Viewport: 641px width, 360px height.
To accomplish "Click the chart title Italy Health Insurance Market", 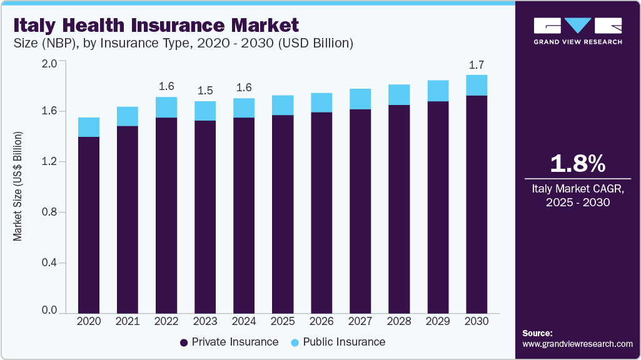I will (x=156, y=25).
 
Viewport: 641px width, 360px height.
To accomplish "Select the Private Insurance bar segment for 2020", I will (x=88, y=224).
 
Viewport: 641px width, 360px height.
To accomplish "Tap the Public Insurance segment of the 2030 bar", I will (x=477, y=85).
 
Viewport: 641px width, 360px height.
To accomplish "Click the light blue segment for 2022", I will (x=166, y=107).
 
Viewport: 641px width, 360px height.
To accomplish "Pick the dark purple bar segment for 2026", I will (x=321, y=212).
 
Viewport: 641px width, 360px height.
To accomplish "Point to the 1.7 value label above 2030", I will (x=477, y=65).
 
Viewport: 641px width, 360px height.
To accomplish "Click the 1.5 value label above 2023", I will (x=205, y=91).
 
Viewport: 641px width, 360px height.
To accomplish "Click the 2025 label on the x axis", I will (x=283, y=321).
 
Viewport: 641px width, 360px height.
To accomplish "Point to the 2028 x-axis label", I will (x=399, y=321).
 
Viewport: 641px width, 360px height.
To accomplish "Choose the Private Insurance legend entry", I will (x=229, y=342).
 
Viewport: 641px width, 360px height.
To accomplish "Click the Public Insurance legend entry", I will (x=338, y=342).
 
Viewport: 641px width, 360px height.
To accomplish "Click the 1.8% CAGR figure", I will (x=577, y=164).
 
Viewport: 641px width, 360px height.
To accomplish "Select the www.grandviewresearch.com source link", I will (x=577, y=344).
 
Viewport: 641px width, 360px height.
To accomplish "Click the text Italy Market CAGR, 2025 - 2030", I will (x=577, y=194).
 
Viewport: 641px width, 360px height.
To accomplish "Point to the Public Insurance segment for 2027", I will (x=360, y=99).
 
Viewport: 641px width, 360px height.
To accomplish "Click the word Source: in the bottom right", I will (x=537, y=333).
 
